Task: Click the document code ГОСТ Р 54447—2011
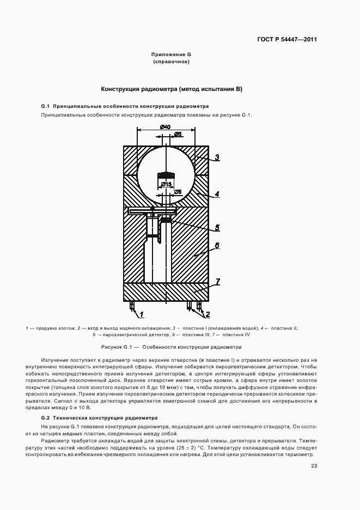[x=288, y=40]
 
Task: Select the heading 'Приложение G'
[x=171, y=54]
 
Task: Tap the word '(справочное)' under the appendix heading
[x=171, y=62]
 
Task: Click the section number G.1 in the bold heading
[x=45, y=106]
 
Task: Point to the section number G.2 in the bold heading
[x=45, y=416]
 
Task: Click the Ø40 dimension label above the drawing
[x=164, y=127]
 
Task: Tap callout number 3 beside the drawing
[x=216, y=157]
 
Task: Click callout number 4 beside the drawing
[x=216, y=193]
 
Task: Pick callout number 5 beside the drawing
[x=216, y=228]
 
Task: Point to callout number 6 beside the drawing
[x=216, y=246]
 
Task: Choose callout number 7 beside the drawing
[x=216, y=281]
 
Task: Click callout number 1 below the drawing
[x=141, y=314]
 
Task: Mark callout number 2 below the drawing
[x=206, y=314]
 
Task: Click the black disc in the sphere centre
[x=166, y=175]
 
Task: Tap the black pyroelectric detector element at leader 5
[x=166, y=220]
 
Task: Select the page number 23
[x=314, y=465]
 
